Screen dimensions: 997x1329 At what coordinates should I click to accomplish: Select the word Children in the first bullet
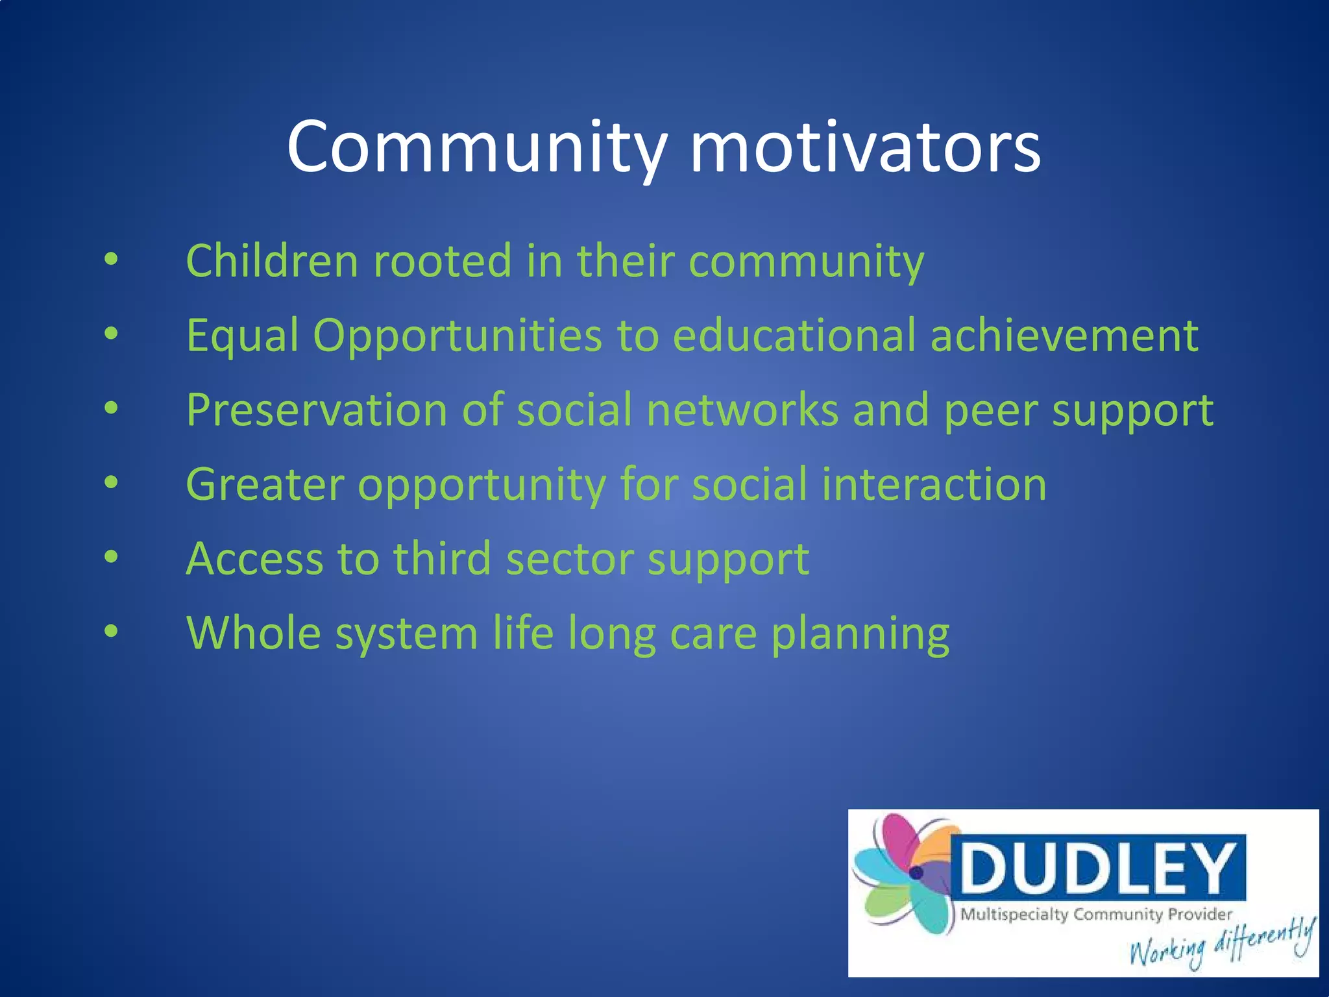[x=272, y=261]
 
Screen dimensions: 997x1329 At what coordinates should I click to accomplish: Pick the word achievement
[x=1064, y=336]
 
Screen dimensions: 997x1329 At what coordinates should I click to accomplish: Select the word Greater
[x=265, y=485]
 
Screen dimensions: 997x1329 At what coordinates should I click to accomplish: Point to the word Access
[x=254, y=559]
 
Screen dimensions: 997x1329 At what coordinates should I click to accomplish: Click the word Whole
[x=254, y=634]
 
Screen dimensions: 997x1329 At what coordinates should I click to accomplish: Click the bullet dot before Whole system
[x=112, y=631]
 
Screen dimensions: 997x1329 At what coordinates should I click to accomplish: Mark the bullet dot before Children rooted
[x=112, y=258]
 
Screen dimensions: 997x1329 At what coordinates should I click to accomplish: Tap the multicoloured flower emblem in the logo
[x=905, y=873]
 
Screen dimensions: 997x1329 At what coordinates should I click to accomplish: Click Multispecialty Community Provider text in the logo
[x=1095, y=915]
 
